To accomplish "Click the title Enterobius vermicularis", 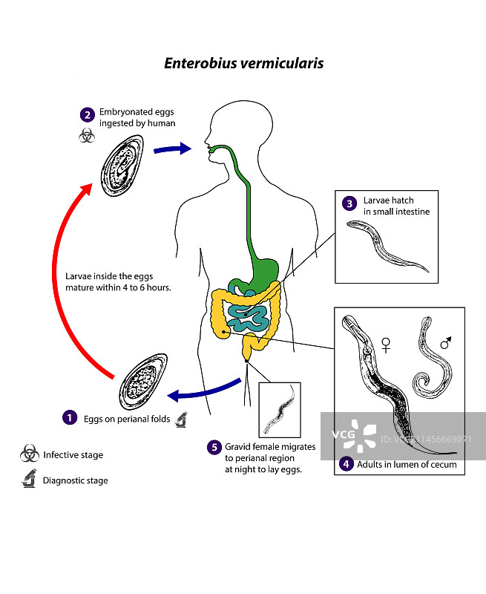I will point(243,63).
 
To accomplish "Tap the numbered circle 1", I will point(69,418).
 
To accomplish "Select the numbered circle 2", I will point(88,114).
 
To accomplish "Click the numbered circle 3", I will point(349,203).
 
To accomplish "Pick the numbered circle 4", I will point(346,465).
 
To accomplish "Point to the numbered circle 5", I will point(214,447).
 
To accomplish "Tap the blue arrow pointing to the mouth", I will point(172,149).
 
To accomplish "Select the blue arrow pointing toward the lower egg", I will point(203,389).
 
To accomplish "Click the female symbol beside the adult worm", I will point(386,345).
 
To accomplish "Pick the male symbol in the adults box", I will point(445,342).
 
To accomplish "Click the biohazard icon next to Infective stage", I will point(30,454).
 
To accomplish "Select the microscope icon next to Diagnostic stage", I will point(30,480).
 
